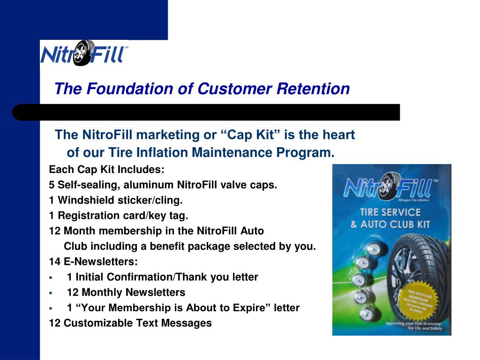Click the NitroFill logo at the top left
(x=84, y=53)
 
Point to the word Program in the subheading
(x=304, y=153)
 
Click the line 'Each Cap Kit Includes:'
(x=107, y=169)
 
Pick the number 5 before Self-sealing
(x=52, y=185)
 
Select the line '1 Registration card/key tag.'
(x=118, y=216)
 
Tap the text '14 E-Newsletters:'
(x=93, y=262)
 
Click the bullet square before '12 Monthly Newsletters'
(x=50, y=293)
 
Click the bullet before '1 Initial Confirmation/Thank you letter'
(x=50, y=277)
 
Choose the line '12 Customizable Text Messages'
(x=130, y=323)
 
